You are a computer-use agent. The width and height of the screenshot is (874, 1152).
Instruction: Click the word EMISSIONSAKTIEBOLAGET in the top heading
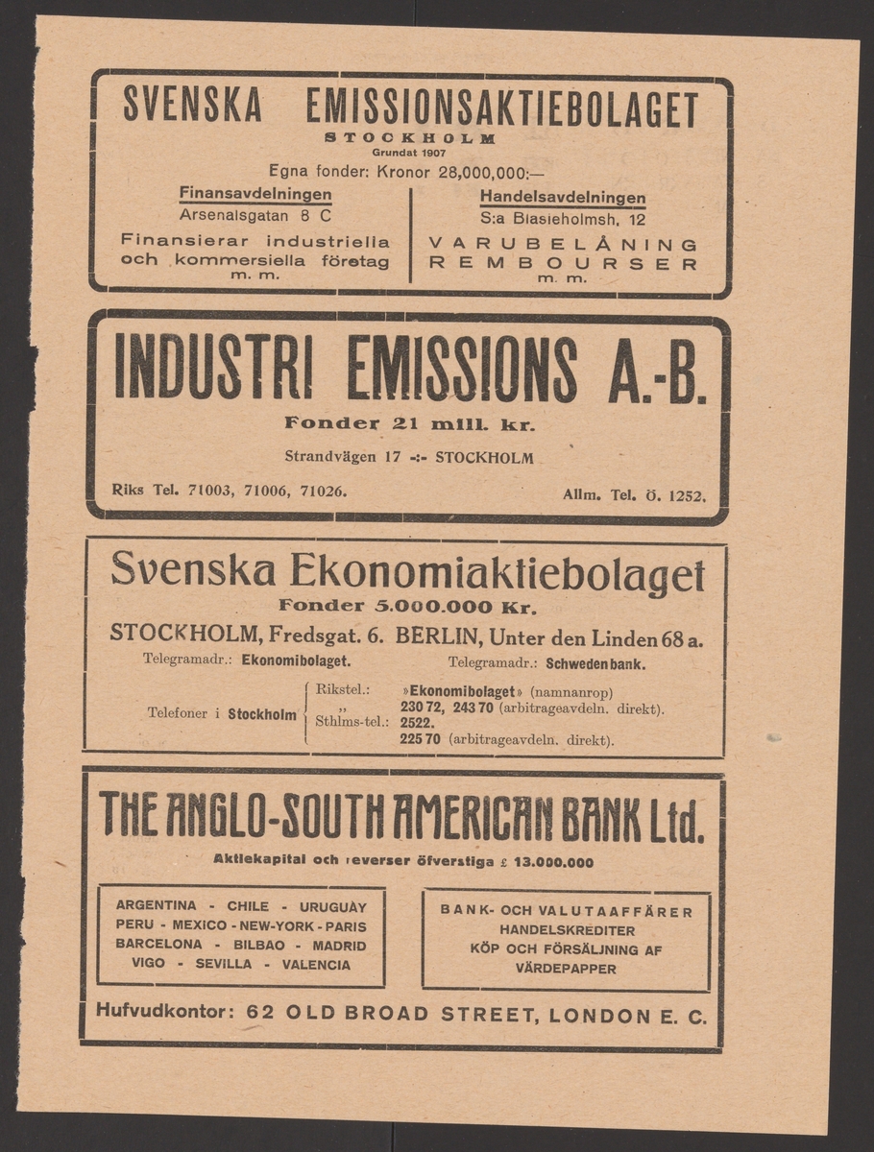500,110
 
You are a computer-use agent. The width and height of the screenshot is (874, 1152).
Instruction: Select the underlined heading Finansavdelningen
255,195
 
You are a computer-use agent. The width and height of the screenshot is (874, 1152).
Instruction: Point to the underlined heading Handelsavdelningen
563,197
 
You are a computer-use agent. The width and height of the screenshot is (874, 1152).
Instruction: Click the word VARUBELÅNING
563,244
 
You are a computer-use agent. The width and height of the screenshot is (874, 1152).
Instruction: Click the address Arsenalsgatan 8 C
255,217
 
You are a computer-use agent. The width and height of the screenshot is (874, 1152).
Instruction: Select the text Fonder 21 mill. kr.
410,422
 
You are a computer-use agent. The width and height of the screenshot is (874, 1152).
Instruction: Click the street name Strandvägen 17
343,457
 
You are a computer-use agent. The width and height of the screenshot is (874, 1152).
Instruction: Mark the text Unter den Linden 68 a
600,636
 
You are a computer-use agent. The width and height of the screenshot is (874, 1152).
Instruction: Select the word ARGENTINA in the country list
157,905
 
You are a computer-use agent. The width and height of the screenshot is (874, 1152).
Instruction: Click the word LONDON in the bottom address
595,1014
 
